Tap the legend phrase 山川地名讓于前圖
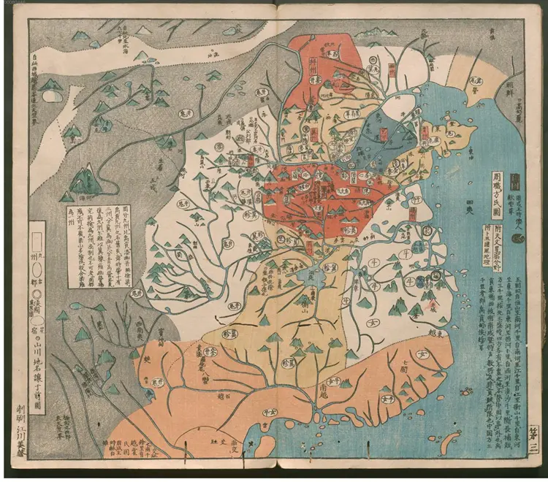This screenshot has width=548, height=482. [x=40, y=349]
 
